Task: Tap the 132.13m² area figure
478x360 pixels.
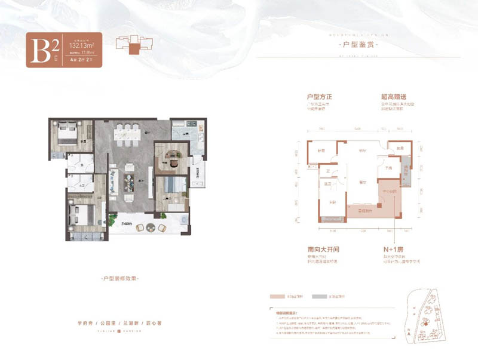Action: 83,44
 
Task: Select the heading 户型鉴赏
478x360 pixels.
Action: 358,45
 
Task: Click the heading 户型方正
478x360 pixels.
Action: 318,96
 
